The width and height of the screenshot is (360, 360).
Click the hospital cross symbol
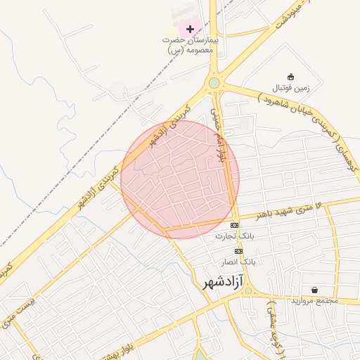pyautogui.click(x=191, y=29)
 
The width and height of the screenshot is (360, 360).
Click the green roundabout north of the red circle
pyautogui.click(x=214, y=83)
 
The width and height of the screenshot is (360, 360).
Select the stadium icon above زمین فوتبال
pyautogui.click(x=291, y=76)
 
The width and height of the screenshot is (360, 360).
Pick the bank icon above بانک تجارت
pyautogui.click(x=234, y=225)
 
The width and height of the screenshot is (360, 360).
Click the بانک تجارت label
pyautogui.click(x=236, y=237)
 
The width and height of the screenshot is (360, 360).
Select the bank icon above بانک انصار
pyautogui.click(x=239, y=251)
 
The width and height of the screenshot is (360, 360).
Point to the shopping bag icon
pyautogui.click(x=314, y=290)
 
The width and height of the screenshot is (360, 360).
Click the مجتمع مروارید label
pyautogui.click(x=315, y=301)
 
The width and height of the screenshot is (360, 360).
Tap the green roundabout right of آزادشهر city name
pyautogui.click(x=247, y=290)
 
